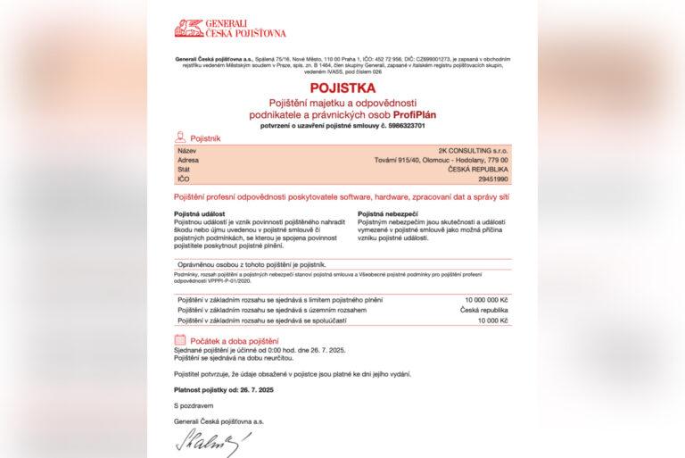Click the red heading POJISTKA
click(342, 89)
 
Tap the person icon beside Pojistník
click(181, 137)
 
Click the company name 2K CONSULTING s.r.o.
click(482, 151)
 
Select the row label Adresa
click(188, 160)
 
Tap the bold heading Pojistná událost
click(203, 214)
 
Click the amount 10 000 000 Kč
click(486, 299)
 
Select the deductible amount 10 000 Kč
click(494, 319)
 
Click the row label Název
click(186, 151)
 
